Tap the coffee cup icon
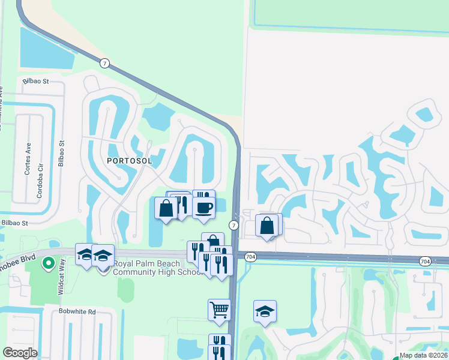point(204,208)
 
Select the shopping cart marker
point(219,310)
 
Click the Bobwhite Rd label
point(77,311)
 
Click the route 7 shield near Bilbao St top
point(104,62)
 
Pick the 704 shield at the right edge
point(425,261)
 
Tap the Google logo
point(19,353)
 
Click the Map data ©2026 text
point(423,355)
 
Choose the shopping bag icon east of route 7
point(267,226)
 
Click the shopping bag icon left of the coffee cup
point(167,208)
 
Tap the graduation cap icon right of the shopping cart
point(265,311)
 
